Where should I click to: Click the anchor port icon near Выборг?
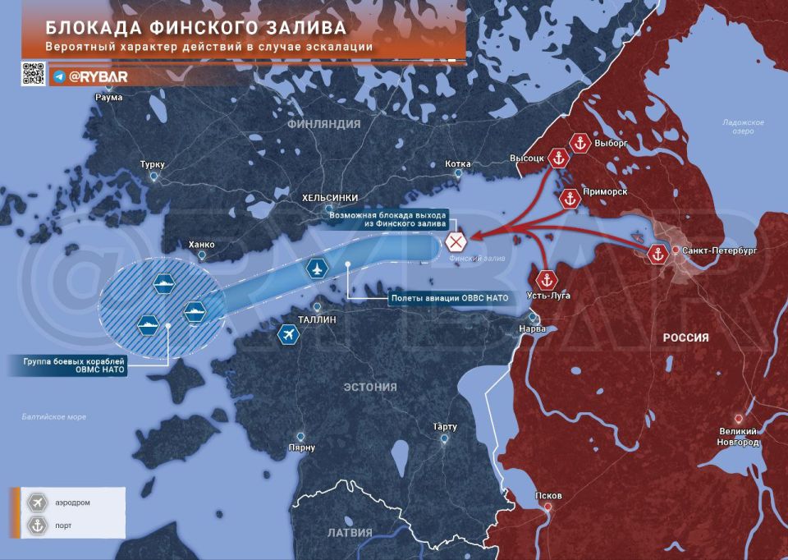(580, 143)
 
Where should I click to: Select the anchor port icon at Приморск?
(569, 198)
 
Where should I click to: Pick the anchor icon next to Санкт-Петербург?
(657, 254)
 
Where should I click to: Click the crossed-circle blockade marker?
(456, 242)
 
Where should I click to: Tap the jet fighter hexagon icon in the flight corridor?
(316, 267)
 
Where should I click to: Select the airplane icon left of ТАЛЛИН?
(288, 335)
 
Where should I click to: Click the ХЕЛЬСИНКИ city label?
(330, 198)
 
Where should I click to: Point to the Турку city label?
(153, 164)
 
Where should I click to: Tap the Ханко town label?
(201, 244)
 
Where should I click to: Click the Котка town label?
(457, 163)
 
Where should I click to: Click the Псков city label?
(547, 496)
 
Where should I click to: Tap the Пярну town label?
(302, 448)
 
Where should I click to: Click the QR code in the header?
(33, 73)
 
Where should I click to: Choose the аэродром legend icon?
(36, 502)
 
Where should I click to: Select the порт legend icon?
(36, 526)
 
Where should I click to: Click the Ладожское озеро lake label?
(743, 126)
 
